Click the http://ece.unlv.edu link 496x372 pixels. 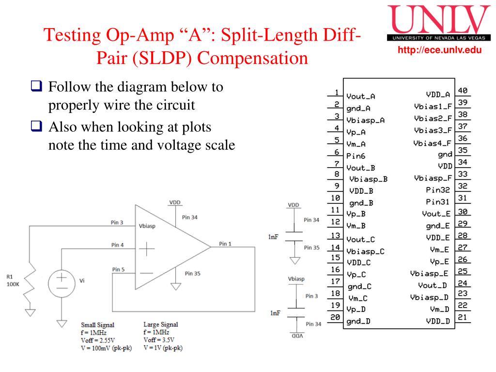point(440,50)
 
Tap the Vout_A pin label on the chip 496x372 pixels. point(360,96)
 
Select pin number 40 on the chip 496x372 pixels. point(463,91)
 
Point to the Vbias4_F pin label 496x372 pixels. point(432,143)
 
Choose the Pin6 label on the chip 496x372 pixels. point(356,156)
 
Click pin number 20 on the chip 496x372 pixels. point(334,317)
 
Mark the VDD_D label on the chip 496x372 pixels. point(437,321)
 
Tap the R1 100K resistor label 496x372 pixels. point(13,280)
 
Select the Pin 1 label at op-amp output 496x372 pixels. point(225,243)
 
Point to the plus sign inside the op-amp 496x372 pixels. point(147,249)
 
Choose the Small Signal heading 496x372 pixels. point(97,325)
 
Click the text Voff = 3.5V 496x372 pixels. point(158,340)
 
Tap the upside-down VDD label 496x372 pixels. point(294,336)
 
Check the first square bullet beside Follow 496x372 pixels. point(36,88)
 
